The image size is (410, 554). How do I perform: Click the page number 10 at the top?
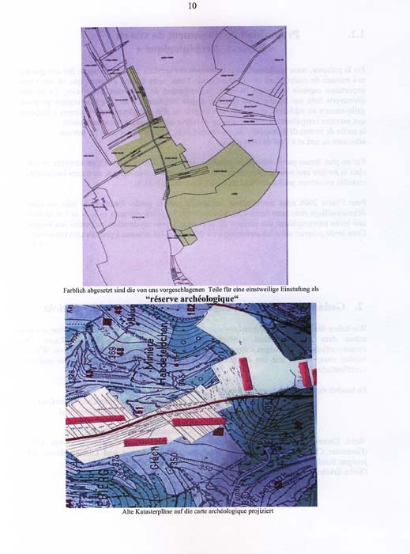pos(192,6)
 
